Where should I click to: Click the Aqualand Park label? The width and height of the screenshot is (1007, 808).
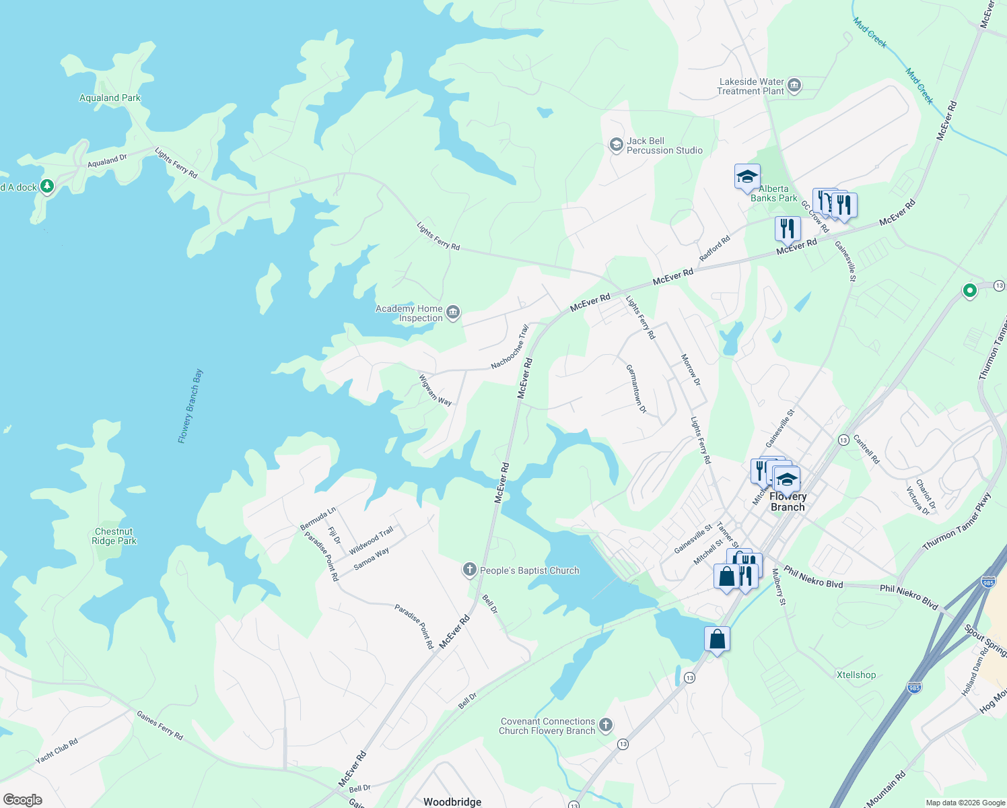click(x=110, y=98)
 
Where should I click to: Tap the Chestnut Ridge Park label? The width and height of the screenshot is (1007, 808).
click(x=114, y=536)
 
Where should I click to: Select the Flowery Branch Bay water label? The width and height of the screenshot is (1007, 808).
click(x=190, y=406)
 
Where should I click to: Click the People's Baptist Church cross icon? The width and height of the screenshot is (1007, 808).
click(x=470, y=570)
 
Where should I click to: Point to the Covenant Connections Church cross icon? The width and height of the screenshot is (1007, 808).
click(x=606, y=725)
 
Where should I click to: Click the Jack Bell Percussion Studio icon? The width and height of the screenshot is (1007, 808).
click(x=615, y=145)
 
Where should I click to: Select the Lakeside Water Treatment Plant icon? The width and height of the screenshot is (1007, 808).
click(x=794, y=86)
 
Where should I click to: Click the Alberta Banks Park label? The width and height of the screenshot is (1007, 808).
click(x=773, y=193)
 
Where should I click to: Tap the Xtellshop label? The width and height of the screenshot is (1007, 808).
click(x=856, y=675)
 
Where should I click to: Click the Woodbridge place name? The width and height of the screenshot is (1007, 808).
click(x=452, y=801)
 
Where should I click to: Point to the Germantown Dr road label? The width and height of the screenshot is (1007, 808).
click(x=636, y=389)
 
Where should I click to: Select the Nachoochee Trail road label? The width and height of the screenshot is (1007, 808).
click(x=510, y=347)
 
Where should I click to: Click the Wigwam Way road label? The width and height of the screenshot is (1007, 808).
click(x=435, y=391)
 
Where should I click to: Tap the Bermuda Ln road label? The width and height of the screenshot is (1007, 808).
click(x=318, y=518)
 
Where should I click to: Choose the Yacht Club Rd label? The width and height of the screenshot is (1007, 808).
click(x=57, y=751)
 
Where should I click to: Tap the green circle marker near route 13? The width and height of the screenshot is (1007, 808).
click(x=969, y=291)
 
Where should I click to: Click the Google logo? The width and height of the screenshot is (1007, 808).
click(x=22, y=799)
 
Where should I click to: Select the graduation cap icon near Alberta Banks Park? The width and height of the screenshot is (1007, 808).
click(x=747, y=177)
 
